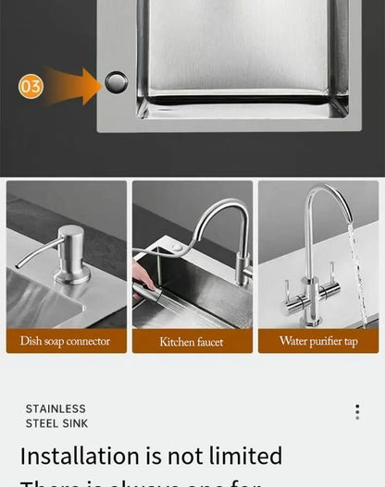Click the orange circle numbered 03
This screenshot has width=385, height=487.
click(31, 86)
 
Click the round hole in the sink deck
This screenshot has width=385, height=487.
click(117, 82)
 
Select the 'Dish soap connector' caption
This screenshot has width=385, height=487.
click(66, 341)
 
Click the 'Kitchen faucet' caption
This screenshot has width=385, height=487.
click(192, 342)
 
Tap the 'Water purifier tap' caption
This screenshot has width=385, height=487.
click(318, 341)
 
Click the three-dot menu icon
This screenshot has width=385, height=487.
click(357, 412)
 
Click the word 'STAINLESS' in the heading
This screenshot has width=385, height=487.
click(56, 408)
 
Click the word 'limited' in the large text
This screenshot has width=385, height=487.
click(244, 456)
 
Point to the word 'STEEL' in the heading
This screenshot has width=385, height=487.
click(43, 423)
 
